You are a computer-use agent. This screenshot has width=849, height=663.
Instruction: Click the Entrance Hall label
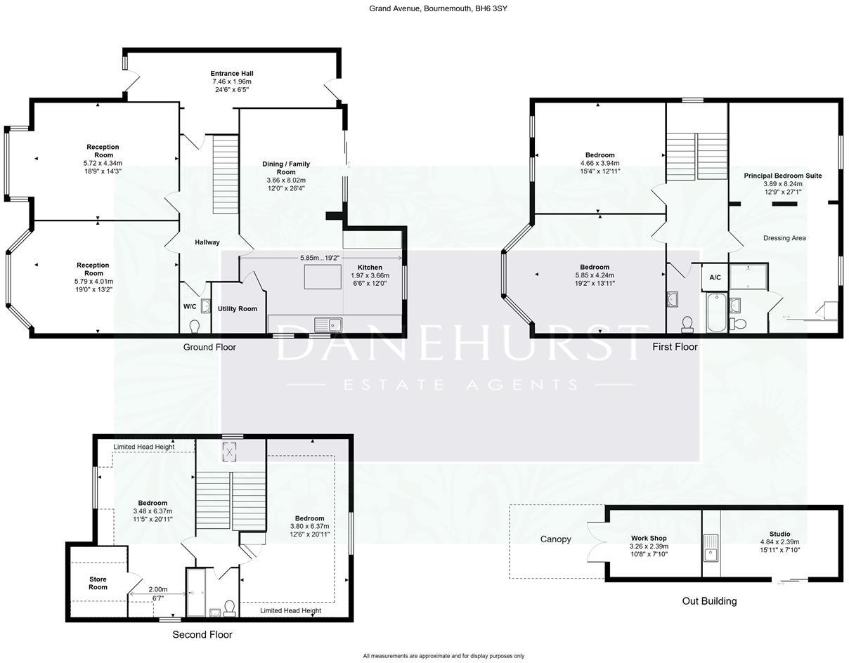(232, 74)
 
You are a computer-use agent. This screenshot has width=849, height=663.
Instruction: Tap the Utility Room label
(238, 309)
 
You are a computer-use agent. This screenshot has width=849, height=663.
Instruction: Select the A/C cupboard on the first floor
(715, 278)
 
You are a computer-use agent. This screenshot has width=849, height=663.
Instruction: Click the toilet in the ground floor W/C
(195, 326)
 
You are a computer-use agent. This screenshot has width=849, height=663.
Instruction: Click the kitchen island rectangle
(323, 277)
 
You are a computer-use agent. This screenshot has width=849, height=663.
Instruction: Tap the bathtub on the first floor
(717, 313)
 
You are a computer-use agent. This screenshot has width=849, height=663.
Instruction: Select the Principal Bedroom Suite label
(783, 176)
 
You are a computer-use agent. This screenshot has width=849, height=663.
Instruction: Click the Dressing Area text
(784, 238)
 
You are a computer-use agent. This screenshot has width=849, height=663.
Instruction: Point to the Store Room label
(98, 583)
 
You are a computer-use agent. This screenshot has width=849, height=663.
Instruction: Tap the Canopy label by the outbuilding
(555, 539)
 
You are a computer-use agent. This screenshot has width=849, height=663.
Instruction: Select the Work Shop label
(649, 539)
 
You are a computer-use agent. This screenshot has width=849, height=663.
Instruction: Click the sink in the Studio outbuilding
(711, 547)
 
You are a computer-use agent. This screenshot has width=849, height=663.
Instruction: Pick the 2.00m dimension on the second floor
(158, 590)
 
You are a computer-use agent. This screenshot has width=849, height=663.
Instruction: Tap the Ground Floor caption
(209, 347)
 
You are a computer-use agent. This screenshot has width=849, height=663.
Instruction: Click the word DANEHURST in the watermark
(460, 343)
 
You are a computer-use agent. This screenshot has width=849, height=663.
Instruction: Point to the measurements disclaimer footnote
(443, 656)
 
